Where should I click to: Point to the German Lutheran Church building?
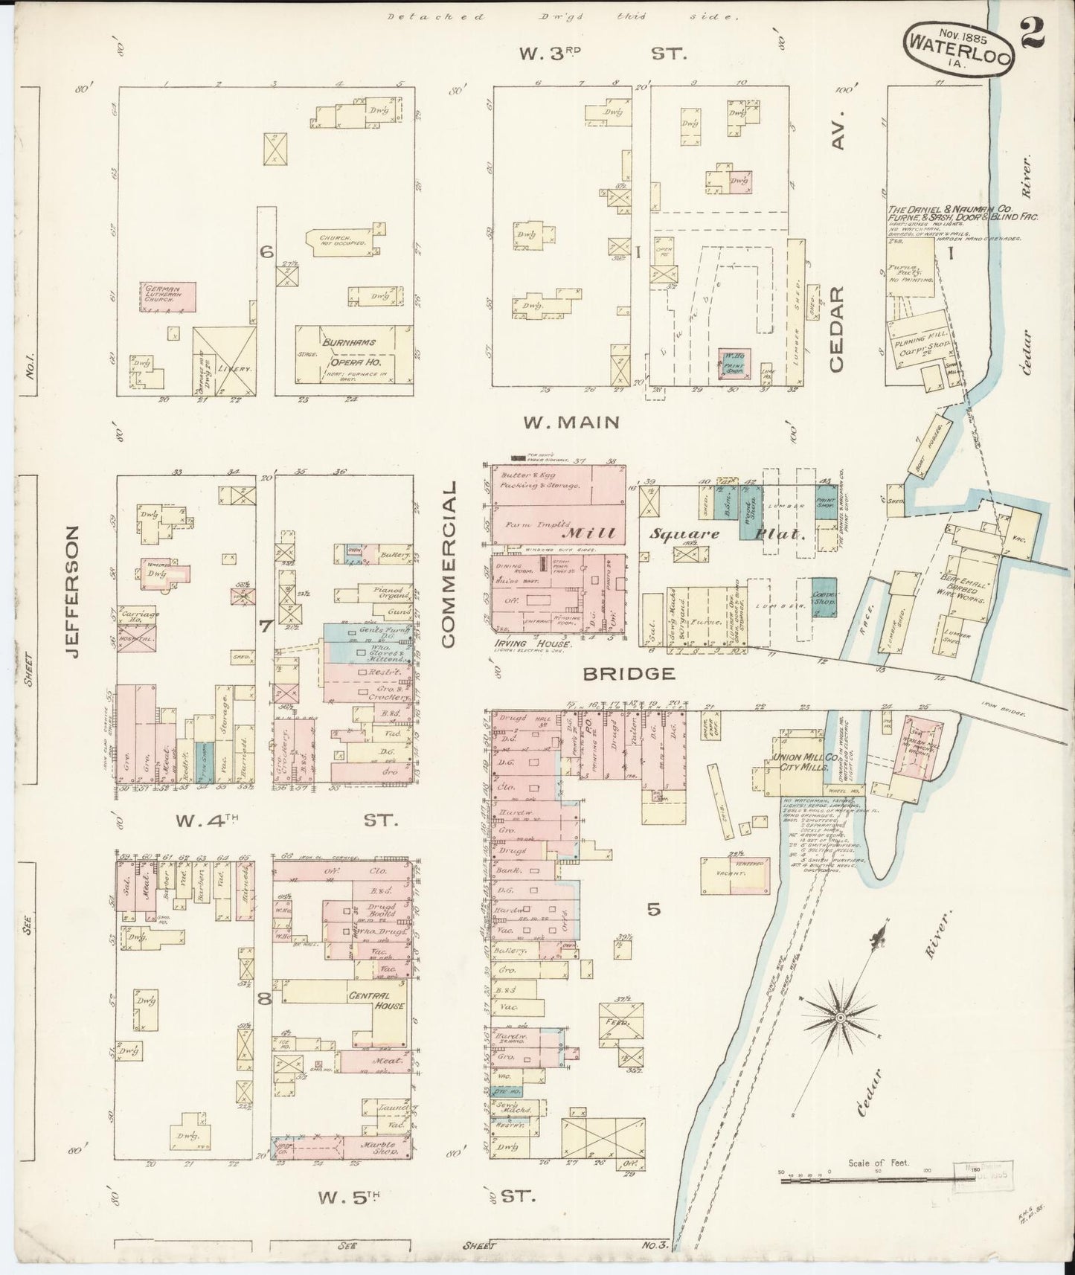pos(167,296)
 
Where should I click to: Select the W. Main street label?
pos(571,423)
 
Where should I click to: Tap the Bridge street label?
pos(629,674)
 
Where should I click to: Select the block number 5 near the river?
pos(653,908)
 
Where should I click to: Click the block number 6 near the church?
pos(266,252)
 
